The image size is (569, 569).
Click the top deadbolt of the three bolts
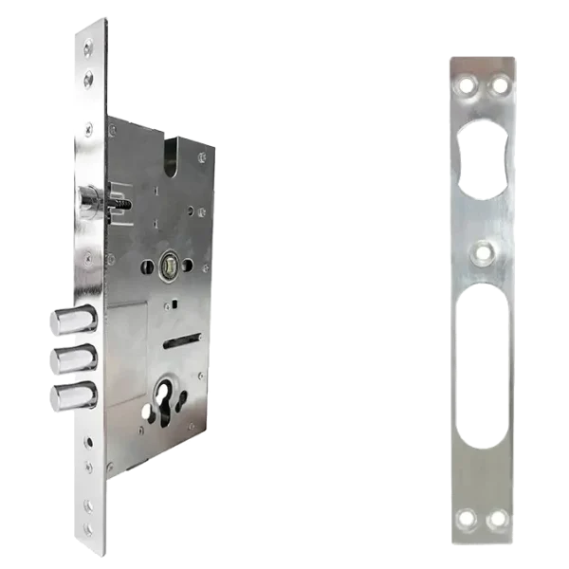pos(76,321)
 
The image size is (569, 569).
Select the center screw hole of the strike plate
pos(484,252)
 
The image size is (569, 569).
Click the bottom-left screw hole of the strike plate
pos(466,520)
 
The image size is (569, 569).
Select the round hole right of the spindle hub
pos(189,265)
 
